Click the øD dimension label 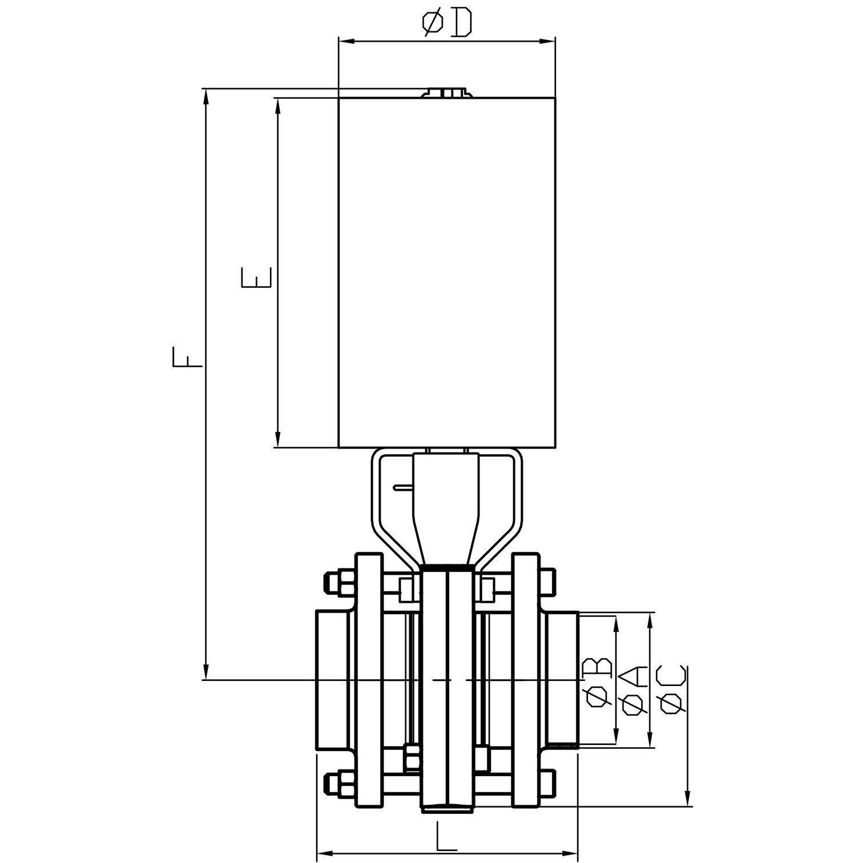pyautogui.click(x=447, y=23)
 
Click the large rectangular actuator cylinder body pyautogui.click(x=447, y=272)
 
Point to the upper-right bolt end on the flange pyautogui.click(x=547, y=582)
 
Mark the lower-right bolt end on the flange pyautogui.click(x=547, y=783)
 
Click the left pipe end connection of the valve pyautogui.click(x=332, y=680)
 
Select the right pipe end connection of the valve pyautogui.click(x=562, y=679)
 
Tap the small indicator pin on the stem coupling pyautogui.click(x=403, y=487)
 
